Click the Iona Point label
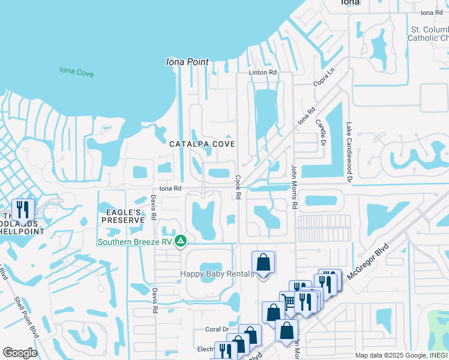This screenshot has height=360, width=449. point(188,62)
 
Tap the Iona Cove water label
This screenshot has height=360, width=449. point(77,72)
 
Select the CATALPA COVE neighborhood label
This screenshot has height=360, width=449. point(202,144)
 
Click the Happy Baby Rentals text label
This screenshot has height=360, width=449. point(217,274)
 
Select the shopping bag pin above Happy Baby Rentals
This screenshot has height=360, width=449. point(263,263)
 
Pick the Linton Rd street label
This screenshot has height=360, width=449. point(264,72)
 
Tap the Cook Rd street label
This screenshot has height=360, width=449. point(238,188)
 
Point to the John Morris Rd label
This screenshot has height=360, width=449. point(295,187)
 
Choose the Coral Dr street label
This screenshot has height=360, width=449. point(217,329)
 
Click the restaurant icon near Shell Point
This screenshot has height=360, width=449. point(23,210)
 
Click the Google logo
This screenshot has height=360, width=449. point(20,353)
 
